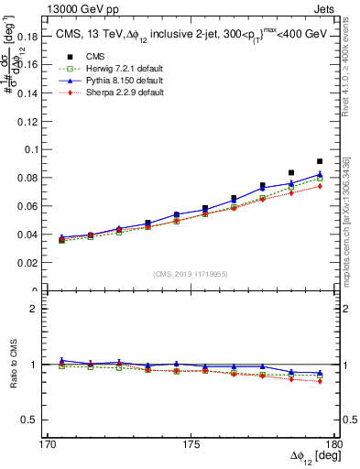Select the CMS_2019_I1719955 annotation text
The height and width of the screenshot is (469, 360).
(x=191, y=273)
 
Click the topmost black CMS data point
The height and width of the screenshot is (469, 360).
(x=320, y=161)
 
